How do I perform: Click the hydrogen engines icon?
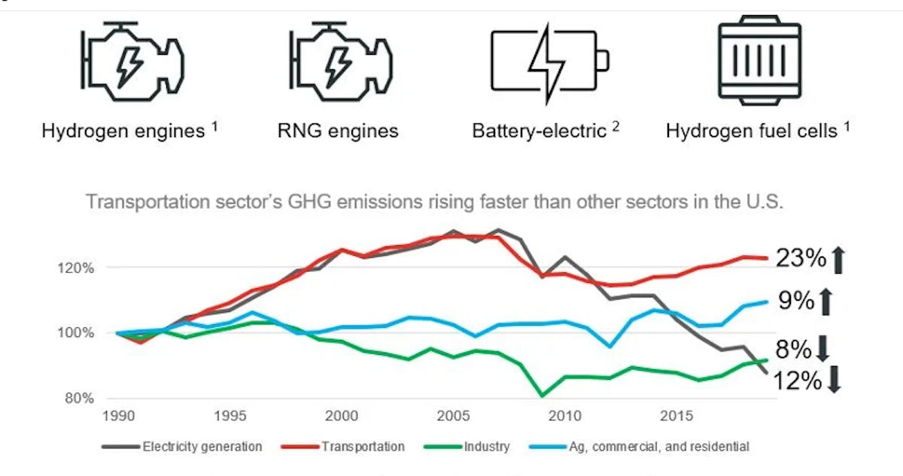pyautogui.click(x=132, y=62)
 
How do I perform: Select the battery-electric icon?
pyautogui.click(x=549, y=62)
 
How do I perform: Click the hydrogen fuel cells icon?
pyautogui.click(x=759, y=62)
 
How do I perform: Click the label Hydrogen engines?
pyautogui.click(x=123, y=131)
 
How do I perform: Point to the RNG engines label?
pyautogui.click(x=337, y=131)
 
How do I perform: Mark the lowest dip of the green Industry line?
pyautogui.click(x=542, y=395)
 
